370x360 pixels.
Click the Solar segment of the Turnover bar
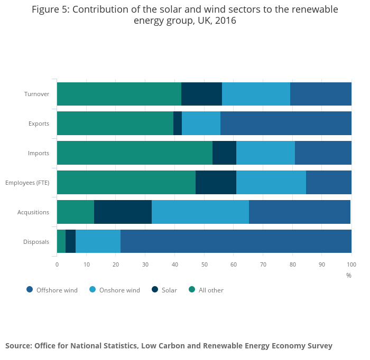click(x=201, y=94)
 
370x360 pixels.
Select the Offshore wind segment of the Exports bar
click(x=286, y=124)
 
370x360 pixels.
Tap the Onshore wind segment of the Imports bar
click(x=265, y=153)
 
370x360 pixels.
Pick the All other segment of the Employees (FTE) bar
click(x=126, y=183)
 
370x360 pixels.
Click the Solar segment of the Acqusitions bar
click(x=123, y=212)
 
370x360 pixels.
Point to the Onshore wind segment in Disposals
click(x=98, y=242)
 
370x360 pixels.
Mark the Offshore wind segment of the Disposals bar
click(x=236, y=242)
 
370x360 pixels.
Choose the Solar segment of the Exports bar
click(x=178, y=124)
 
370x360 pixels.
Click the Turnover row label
click(x=36, y=94)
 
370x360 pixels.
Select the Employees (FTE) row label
click(x=27, y=183)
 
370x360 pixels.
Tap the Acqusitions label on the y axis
click(x=33, y=213)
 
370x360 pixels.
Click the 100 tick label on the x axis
click(x=351, y=264)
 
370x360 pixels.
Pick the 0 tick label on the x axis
click(x=57, y=264)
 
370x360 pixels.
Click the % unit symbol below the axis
click(x=349, y=275)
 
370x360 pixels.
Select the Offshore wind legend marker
click(x=30, y=289)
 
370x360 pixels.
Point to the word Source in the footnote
click(x=18, y=346)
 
